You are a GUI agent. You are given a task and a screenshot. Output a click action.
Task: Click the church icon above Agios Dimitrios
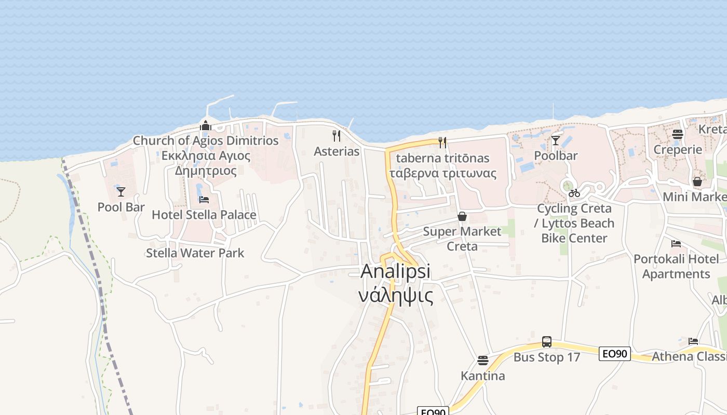click(x=206, y=126)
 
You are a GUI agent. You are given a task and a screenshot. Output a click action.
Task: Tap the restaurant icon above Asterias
click(x=336, y=136)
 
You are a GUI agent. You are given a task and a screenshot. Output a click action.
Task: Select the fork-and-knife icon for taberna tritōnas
click(x=442, y=142)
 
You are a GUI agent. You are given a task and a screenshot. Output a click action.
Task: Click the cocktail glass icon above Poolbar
click(x=556, y=140)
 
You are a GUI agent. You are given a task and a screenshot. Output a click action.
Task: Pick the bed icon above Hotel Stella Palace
click(x=204, y=199)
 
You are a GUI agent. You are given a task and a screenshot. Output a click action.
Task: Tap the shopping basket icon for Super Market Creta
click(x=462, y=216)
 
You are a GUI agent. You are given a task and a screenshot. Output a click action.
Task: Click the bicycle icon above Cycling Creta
click(x=574, y=193)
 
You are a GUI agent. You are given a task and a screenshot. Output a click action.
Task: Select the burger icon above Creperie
click(x=677, y=134)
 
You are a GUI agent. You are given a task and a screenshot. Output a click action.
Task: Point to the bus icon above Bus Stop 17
click(x=547, y=341)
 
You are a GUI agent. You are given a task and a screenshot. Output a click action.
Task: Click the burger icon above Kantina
click(x=483, y=360)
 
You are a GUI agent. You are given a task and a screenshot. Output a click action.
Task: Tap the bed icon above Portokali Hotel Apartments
click(x=676, y=243)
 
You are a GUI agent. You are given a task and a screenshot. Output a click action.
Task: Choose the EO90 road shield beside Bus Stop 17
click(x=615, y=354)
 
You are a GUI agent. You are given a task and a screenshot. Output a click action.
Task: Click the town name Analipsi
click(x=396, y=271)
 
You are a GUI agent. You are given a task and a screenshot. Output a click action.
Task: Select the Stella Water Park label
click(x=195, y=253)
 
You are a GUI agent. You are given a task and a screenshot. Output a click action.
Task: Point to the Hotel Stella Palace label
click(x=204, y=215)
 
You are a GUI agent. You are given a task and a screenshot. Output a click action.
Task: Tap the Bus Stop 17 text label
click(x=547, y=357)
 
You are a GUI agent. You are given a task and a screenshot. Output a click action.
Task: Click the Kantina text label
click(x=483, y=376)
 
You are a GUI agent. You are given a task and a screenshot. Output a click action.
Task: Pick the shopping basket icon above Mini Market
click(x=697, y=182)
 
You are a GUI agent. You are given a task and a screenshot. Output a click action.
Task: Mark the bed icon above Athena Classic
click(x=693, y=341)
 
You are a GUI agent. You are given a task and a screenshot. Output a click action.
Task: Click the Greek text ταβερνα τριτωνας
click(x=442, y=173)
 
